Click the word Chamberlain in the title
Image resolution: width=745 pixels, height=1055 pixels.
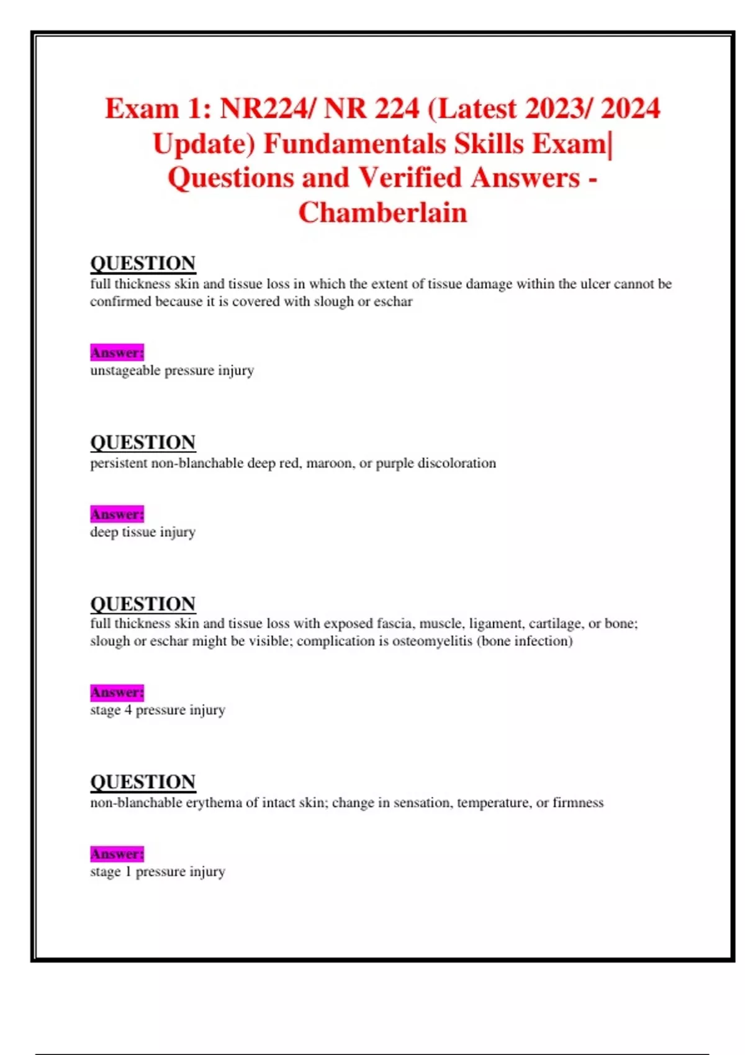pos(382,213)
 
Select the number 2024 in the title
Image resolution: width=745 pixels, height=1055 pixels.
pos(630,109)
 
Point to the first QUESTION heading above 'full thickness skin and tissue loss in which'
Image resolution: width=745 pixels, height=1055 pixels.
pos(143,263)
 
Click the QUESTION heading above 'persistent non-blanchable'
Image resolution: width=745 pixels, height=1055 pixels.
pos(143,442)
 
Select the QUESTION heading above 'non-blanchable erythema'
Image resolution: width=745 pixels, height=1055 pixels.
pos(143,782)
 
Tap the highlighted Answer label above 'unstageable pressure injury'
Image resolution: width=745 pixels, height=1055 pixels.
pos(117,352)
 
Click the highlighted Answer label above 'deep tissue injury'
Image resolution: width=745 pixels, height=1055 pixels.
pos(117,514)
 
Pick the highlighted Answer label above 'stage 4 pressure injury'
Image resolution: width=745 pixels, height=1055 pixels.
pos(117,692)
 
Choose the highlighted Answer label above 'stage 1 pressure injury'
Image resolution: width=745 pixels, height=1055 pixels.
pos(117,854)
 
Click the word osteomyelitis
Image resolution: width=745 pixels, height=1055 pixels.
pos(432,641)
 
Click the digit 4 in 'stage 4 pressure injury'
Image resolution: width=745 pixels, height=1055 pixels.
pos(128,710)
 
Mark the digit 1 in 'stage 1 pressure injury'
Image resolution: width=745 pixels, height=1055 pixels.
pos(128,872)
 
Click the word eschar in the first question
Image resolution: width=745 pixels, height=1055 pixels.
pos(392,302)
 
